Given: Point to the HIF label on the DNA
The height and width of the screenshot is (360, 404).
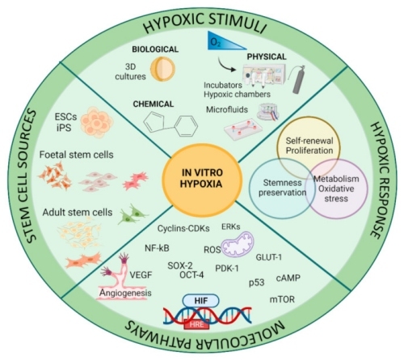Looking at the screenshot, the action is (x=201, y=301).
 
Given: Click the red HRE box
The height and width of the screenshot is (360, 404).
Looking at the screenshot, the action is (x=196, y=324).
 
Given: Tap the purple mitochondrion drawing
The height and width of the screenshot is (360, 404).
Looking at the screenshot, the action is (x=237, y=244).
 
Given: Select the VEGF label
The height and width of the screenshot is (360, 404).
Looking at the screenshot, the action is (x=141, y=275).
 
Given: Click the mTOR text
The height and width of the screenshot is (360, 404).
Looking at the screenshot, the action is (x=282, y=299).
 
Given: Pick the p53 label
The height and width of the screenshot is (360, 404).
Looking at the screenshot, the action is (x=256, y=283).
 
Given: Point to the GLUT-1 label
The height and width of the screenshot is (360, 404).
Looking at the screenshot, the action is (x=269, y=257).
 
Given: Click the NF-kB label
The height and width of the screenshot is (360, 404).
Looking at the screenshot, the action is (x=157, y=248).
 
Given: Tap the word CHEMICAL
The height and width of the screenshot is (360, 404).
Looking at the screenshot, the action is (x=154, y=104).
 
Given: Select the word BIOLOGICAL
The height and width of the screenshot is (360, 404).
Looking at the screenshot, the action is (x=155, y=49).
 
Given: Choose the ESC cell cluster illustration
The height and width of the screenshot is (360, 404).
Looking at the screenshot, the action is (x=96, y=122).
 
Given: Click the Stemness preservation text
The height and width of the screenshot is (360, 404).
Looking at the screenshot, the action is (x=282, y=188).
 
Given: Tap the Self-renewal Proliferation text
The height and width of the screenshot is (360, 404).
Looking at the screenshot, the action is (x=309, y=146).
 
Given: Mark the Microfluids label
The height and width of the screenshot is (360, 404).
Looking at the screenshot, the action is (x=227, y=110).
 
